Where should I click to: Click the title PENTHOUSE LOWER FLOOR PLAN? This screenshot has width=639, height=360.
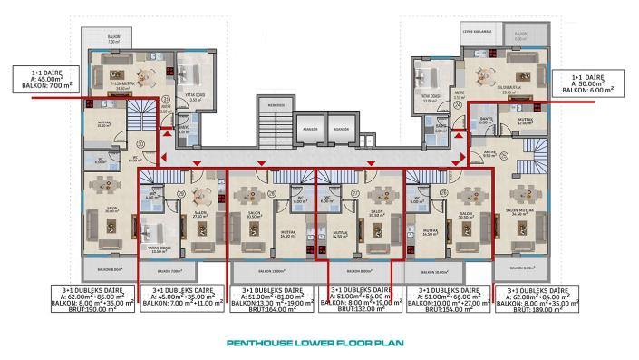click(x=319, y=344)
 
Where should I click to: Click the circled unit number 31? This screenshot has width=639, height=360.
click(x=166, y=101)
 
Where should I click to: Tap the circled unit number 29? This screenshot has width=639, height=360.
click(x=181, y=192)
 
